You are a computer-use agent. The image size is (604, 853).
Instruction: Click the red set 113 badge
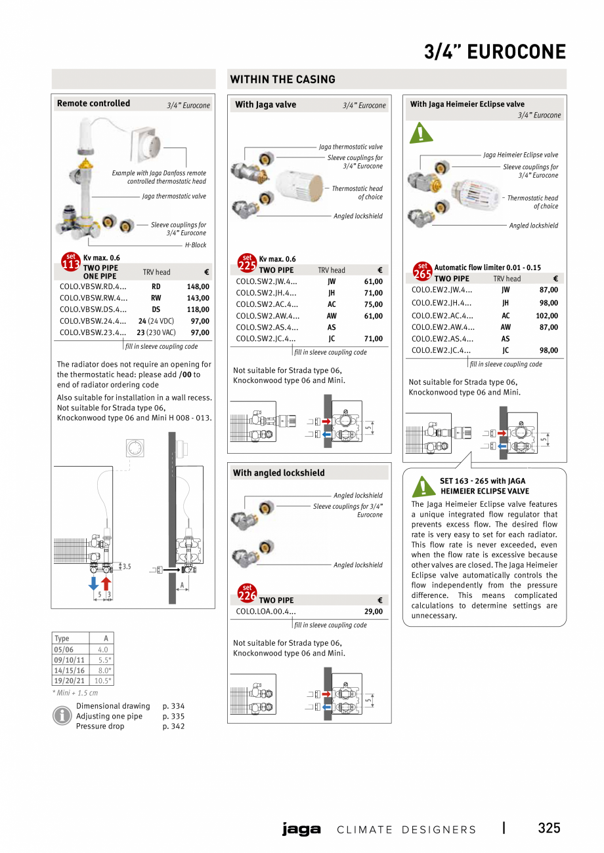pos(71,262)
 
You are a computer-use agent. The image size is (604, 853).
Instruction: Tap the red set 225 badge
pos(246,263)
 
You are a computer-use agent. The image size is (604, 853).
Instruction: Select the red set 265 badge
pos(422,271)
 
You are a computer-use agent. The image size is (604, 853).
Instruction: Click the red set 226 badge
pos(246,593)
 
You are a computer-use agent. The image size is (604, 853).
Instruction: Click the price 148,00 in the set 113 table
pos(198,287)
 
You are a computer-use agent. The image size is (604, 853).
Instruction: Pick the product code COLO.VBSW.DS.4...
pos(93,309)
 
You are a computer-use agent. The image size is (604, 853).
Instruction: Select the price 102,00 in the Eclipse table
pos(548,315)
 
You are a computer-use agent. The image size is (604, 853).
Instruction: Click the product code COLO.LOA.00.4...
pos(266,612)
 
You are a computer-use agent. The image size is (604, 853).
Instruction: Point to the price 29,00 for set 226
pos(373,612)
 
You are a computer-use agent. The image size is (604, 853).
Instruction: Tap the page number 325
pos(549,828)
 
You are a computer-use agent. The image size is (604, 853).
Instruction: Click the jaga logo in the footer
pos(301,829)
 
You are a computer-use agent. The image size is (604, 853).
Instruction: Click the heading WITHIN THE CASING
pos(282,79)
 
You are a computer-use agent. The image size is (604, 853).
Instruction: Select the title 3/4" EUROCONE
pos(494,52)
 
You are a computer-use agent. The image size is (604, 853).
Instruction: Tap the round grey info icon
pos(62,716)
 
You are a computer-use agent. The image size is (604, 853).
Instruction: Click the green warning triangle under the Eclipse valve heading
pos(418,133)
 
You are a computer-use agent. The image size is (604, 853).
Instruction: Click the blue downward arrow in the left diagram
pos(94,583)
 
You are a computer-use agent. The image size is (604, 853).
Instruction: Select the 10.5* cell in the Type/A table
pos(102,681)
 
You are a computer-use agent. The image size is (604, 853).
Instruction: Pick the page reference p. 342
pos(173,726)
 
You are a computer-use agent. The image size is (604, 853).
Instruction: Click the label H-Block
pos(195,245)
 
